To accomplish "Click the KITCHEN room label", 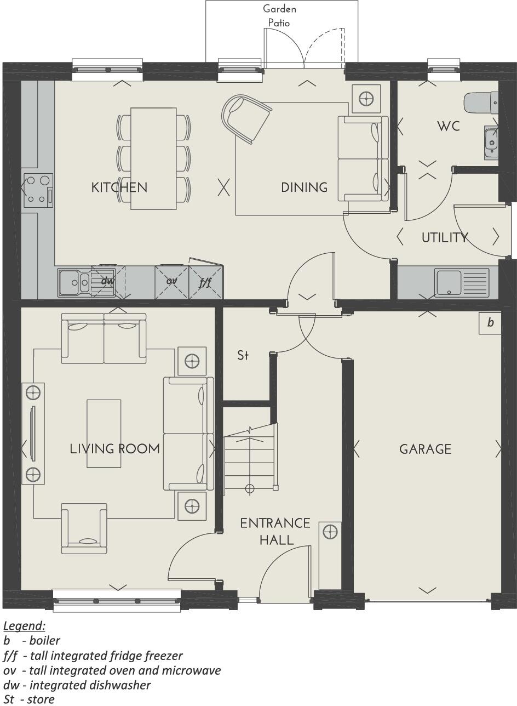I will pyautogui.click(x=119, y=187).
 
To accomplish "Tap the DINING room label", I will pyautogui.click(x=304, y=187).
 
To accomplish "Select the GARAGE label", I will pyautogui.click(x=426, y=449).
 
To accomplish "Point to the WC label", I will pyautogui.click(x=448, y=127).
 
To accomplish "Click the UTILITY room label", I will pyautogui.click(x=445, y=237).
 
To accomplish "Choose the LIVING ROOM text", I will pyautogui.click(x=115, y=449).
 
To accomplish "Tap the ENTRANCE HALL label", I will pyautogui.click(x=275, y=531).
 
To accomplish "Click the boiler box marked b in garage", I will pyautogui.click(x=490, y=323).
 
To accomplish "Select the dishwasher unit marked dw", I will pyautogui.click(x=108, y=282).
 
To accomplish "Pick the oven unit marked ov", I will pyautogui.click(x=171, y=282).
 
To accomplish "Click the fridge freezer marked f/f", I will pyautogui.click(x=205, y=282).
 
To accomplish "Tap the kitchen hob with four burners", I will pyautogui.click(x=38, y=190).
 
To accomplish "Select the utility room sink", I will pyautogui.click(x=462, y=282).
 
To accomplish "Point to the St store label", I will pyautogui.click(x=243, y=356).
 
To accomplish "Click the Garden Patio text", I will pyautogui.click(x=279, y=16).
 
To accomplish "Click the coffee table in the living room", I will pyautogui.click(x=104, y=433).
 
